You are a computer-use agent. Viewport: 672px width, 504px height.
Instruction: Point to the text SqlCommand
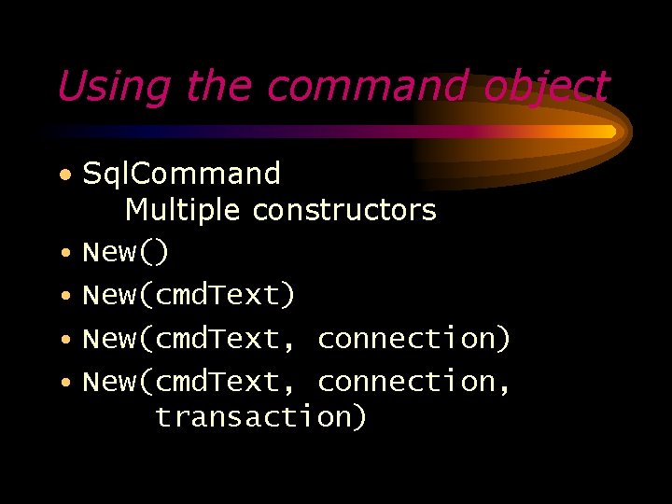click(181, 174)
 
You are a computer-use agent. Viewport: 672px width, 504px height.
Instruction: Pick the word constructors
click(344, 210)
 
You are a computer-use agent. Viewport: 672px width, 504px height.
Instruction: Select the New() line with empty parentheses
click(126, 252)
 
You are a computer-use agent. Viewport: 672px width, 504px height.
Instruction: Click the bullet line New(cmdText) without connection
click(189, 295)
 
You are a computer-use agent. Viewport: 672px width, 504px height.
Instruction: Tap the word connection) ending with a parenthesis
click(413, 338)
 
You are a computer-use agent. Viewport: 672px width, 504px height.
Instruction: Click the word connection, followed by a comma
click(413, 381)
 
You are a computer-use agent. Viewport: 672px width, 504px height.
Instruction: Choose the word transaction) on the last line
click(261, 416)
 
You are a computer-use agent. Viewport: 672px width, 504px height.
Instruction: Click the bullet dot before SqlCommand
click(63, 175)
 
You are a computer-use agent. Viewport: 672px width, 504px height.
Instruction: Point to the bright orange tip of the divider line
click(609, 132)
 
